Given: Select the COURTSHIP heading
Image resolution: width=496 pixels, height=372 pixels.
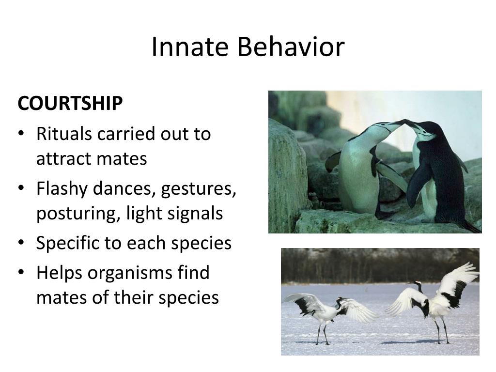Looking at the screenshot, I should (x=70, y=103).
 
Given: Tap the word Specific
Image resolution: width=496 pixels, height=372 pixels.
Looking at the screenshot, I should (x=68, y=243).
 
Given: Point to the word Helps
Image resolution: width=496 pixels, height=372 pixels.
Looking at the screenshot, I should (x=60, y=273).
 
